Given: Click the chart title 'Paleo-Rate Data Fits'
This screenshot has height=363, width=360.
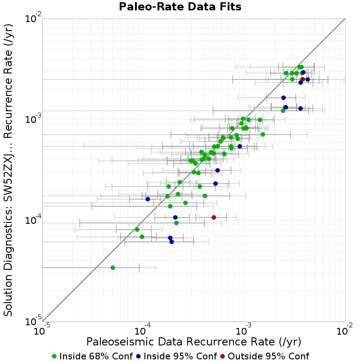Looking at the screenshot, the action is [180, 6].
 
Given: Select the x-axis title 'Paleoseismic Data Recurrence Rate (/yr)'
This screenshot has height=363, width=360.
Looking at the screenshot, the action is [193, 342].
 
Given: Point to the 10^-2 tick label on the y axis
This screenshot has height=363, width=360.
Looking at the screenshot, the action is [33, 18].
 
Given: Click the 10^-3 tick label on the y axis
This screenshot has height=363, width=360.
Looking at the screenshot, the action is [33, 119].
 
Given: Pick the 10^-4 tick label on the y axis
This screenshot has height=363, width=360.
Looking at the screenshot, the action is [33, 220].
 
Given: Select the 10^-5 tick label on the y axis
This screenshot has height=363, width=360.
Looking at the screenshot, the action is [33, 322].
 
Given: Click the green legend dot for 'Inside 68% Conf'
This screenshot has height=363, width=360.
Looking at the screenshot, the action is [54, 357].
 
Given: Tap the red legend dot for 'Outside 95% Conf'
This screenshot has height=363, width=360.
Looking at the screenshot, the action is [223, 357].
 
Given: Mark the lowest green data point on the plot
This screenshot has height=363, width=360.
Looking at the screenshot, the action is [113, 268].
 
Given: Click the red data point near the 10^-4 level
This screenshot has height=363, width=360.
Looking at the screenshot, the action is [214, 218].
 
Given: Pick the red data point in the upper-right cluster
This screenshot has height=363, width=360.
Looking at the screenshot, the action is [302, 79].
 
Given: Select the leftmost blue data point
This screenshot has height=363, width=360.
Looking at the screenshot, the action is [148, 199].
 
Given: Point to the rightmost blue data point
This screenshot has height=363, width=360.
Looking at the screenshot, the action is [308, 79].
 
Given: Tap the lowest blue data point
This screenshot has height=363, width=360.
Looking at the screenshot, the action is [171, 242].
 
